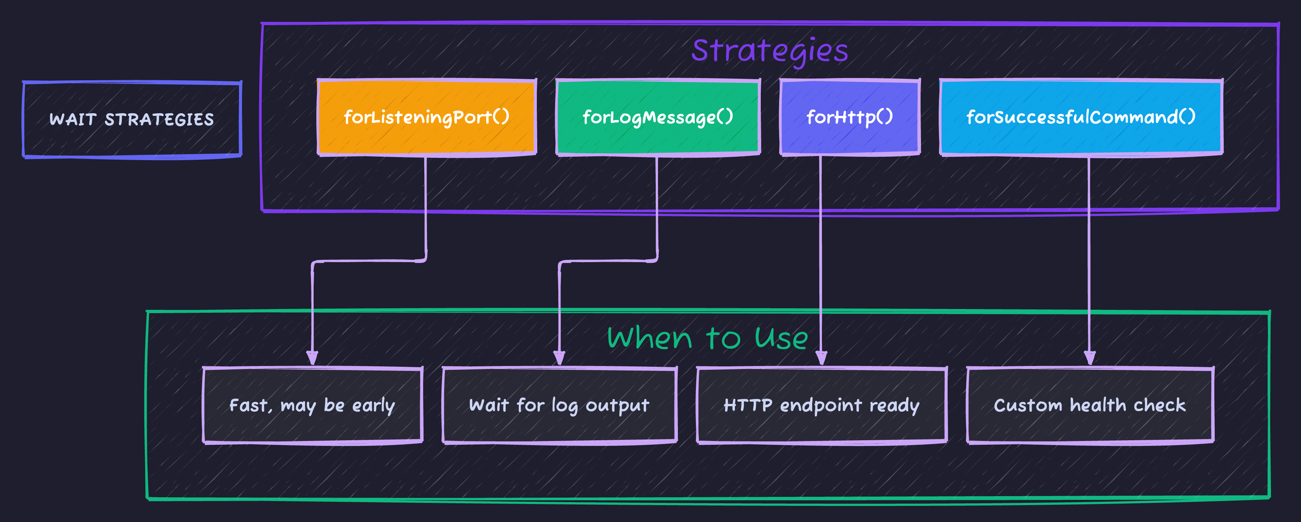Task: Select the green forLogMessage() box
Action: [x=658, y=117]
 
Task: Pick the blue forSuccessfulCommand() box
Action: [x=1081, y=117]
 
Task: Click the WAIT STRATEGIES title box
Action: [x=132, y=120]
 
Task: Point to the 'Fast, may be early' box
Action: [x=312, y=405]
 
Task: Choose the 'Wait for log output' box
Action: [x=559, y=405]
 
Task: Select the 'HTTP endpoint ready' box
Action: [x=821, y=405]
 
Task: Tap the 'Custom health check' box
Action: [x=1090, y=405]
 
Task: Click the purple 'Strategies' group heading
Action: [x=770, y=51]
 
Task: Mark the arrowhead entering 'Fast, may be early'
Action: [x=312, y=358]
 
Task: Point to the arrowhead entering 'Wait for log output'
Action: [x=559, y=358]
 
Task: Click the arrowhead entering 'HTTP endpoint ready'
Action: [x=821, y=358]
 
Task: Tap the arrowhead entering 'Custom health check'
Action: [x=1089, y=358]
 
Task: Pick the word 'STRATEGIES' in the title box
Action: [x=159, y=120]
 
